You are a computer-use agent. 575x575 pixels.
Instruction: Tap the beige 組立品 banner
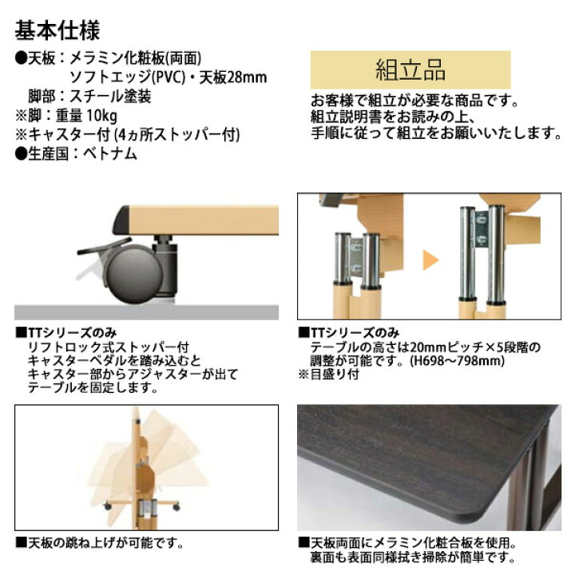coord(410,69)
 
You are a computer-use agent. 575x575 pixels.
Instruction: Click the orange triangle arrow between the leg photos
coord(431,259)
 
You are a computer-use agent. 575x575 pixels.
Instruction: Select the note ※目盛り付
coord(330,374)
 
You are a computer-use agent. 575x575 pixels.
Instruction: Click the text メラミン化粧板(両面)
coord(141,58)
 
